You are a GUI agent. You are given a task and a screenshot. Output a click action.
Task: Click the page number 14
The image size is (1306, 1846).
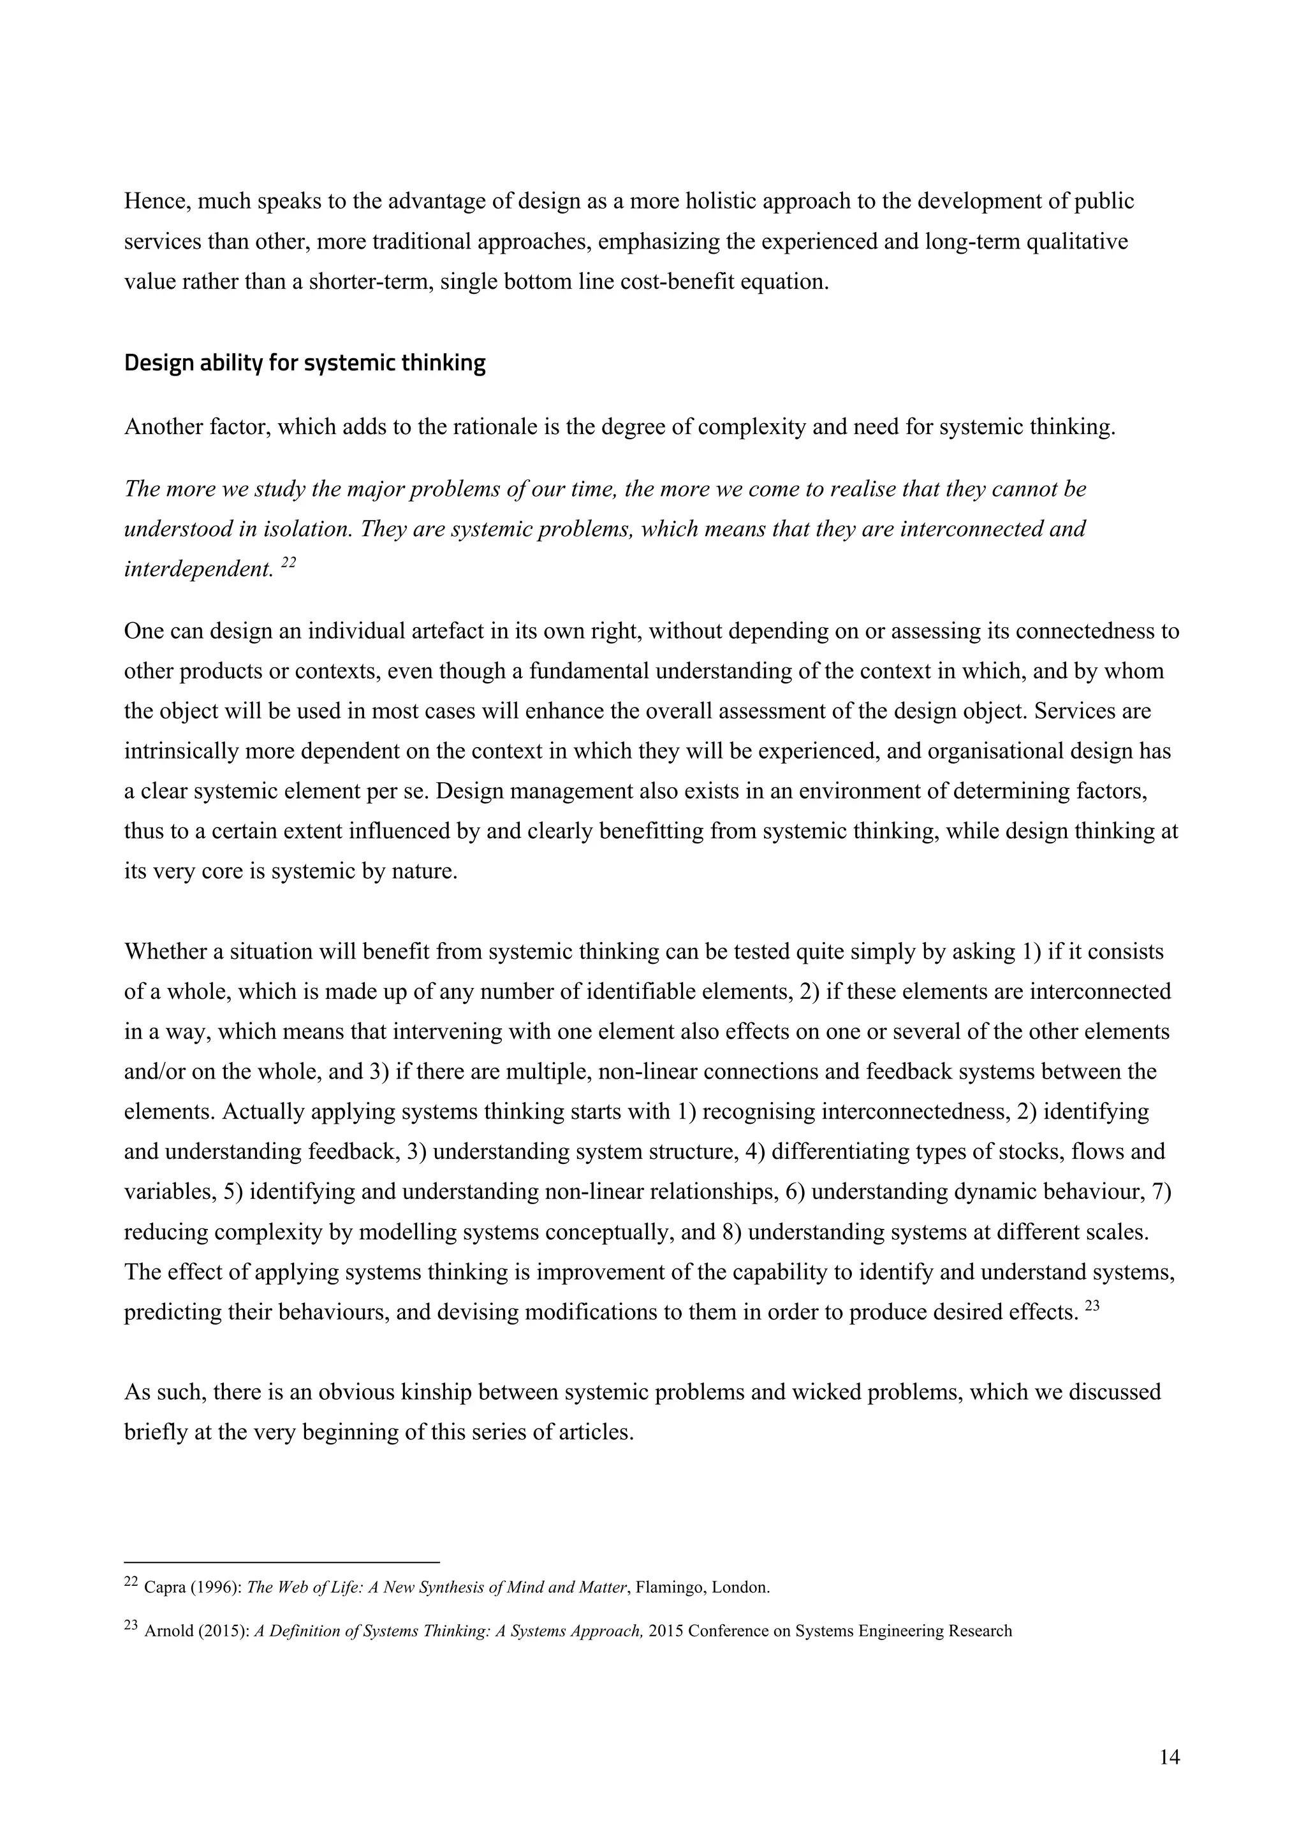1170,1757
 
